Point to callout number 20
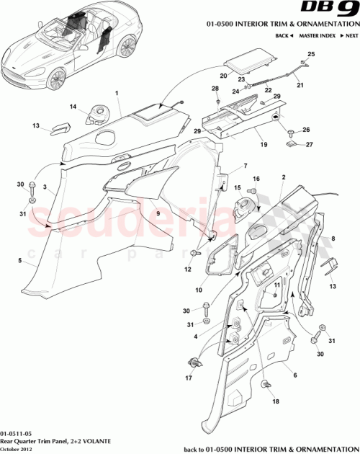[x=224, y=75]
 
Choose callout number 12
[x=187, y=270]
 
